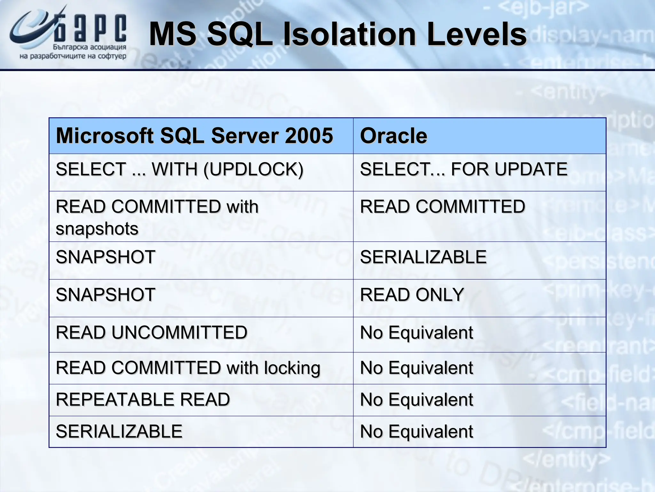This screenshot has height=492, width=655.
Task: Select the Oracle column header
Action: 393,136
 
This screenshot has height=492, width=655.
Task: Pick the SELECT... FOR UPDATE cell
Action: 463,169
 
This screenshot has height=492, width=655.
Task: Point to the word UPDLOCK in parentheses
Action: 253,169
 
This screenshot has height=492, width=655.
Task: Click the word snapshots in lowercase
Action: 97,229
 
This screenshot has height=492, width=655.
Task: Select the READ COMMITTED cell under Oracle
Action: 442,207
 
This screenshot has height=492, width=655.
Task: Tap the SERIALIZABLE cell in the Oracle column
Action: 423,257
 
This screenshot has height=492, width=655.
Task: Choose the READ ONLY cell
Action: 412,295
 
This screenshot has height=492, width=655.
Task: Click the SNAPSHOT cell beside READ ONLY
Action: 106,295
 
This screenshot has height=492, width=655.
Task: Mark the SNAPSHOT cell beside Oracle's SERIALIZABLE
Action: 106,257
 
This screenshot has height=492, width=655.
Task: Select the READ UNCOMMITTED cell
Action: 151,332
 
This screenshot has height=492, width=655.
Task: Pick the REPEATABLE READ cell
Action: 143,400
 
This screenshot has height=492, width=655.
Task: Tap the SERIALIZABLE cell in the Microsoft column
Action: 119,431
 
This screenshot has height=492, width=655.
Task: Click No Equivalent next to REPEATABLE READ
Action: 416,400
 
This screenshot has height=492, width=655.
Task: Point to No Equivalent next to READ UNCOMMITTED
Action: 416,332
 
